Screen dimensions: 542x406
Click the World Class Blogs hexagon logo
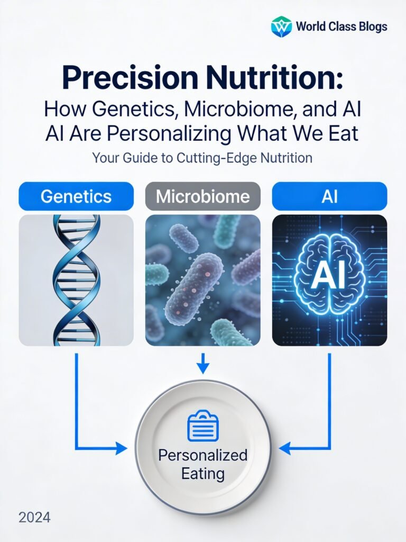(x=281, y=26)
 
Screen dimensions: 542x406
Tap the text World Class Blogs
(x=342, y=26)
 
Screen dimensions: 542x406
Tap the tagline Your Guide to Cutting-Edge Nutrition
(x=202, y=157)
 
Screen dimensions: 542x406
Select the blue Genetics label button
(x=76, y=196)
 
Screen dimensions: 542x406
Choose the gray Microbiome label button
(x=203, y=196)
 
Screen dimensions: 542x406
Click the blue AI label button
(x=329, y=196)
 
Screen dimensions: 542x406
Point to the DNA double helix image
(x=76, y=279)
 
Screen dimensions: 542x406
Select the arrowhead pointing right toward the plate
(x=122, y=449)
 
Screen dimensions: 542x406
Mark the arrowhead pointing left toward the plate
(x=284, y=449)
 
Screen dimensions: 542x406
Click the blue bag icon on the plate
(x=203, y=428)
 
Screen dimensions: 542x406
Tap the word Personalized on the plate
(x=203, y=455)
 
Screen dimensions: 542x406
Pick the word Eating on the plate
(x=203, y=473)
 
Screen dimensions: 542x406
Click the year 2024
(x=34, y=517)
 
